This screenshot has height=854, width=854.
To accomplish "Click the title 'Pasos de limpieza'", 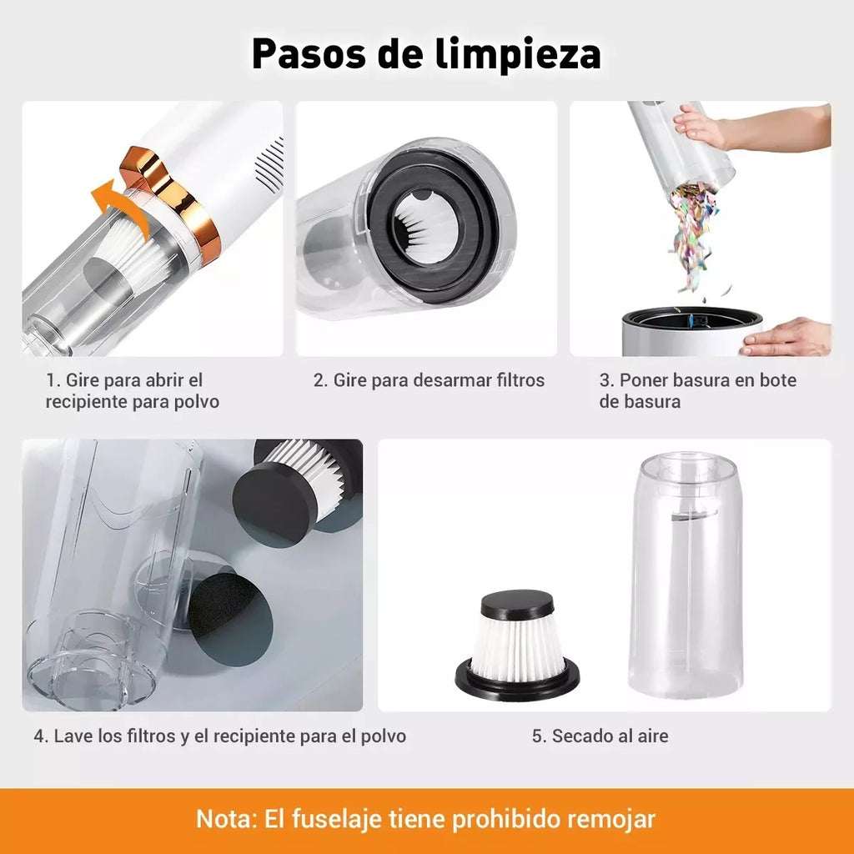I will (426, 54).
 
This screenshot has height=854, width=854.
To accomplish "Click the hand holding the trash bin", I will (788, 337).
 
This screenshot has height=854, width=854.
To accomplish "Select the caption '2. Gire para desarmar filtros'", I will (429, 380).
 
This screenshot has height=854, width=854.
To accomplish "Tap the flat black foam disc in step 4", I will (230, 616).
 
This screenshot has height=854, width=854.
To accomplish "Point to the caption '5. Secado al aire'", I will (600, 736).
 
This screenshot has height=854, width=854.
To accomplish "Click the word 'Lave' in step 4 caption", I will (73, 736).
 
